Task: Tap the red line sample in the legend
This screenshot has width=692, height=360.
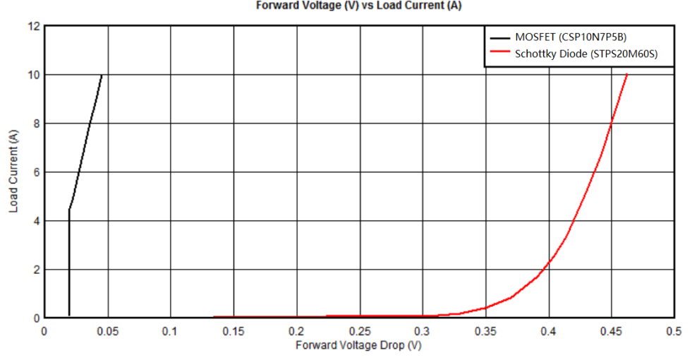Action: pyautogui.click(x=499, y=53)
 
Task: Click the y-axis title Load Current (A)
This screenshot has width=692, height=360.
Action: pyautogui.click(x=13, y=172)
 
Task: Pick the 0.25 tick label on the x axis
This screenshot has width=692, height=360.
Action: pyautogui.click(x=360, y=331)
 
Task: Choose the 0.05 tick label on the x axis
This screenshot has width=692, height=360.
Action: pyautogui.click(x=107, y=331)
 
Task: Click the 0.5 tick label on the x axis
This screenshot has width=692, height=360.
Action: pyautogui.click(x=674, y=331)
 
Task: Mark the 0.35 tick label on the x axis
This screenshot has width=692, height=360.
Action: pyautogui.click(x=486, y=331)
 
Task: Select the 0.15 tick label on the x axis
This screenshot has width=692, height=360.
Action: pyautogui.click(x=233, y=331)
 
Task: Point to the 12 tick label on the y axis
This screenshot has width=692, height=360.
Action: pyautogui.click(x=32, y=26)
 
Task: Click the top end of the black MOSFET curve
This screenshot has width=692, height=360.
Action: pyautogui.click(x=102, y=75)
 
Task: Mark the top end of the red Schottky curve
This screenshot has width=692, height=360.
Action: pyautogui.click(x=627, y=74)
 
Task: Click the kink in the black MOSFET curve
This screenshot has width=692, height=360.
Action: pyautogui.click(x=69, y=209)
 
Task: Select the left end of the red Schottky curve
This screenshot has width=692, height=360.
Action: pyautogui.click(x=214, y=317)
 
